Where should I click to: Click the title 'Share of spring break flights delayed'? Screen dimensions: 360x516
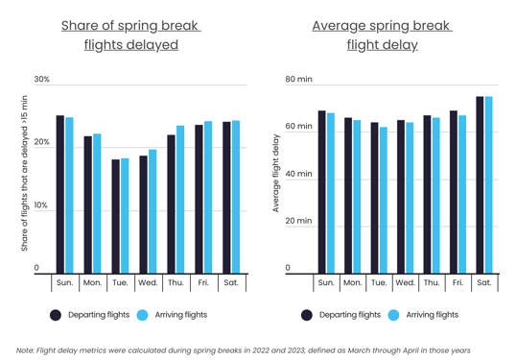point(130,35)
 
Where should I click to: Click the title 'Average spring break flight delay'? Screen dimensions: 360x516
point(382,35)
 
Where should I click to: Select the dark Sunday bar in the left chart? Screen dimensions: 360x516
point(59,194)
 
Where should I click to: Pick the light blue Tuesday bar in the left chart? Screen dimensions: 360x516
point(125,216)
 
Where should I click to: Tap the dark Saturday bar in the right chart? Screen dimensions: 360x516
point(480,184)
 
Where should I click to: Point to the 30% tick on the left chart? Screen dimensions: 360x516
point(42,80)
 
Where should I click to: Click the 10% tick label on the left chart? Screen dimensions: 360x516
point(42,205)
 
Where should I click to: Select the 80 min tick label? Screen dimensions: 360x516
point(299,80)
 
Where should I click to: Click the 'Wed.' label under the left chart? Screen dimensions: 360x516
point(148,283)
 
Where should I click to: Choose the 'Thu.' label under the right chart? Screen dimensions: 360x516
point(432,283)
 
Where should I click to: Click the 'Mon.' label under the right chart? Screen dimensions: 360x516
point(352,283)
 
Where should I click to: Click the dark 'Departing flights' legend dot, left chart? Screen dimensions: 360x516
point(56,315)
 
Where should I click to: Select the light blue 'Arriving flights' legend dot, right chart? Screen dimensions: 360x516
point(393,315)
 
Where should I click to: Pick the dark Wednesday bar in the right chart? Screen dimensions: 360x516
point(401,197)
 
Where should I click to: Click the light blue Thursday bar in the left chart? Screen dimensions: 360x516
point(180,200)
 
